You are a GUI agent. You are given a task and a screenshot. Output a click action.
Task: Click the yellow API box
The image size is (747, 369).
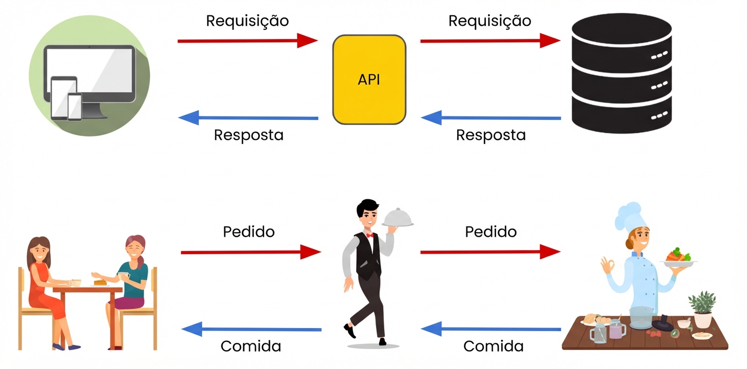[x=369, y=79]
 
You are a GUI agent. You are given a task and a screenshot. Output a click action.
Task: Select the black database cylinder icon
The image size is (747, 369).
[x=621, y=74]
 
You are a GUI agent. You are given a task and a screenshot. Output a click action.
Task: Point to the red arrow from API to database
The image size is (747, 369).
[x=489, y=40]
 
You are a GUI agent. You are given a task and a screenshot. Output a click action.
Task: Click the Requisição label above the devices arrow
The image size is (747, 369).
[x=247, y=20]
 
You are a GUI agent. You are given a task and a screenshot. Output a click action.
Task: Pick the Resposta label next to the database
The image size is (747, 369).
[x=490, y=135]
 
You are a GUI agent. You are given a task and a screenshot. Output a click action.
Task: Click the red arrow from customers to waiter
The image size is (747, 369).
[x=250, y=252]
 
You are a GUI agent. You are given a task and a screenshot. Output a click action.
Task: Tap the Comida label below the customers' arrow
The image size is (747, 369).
[x=250, y=346]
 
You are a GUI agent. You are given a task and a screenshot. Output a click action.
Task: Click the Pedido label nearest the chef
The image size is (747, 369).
[x=490, y=232]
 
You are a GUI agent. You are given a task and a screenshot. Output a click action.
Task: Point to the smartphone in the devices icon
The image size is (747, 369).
[x=74, y=106]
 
